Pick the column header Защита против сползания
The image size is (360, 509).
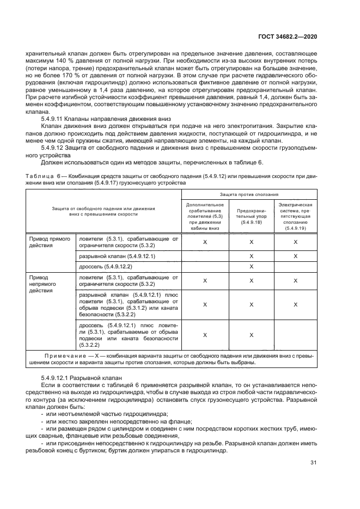[250, 194]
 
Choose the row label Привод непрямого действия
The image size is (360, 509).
[41, 284]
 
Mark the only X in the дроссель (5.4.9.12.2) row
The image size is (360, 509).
[252, 266]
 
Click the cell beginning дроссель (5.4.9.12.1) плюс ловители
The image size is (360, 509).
[129, 334]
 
